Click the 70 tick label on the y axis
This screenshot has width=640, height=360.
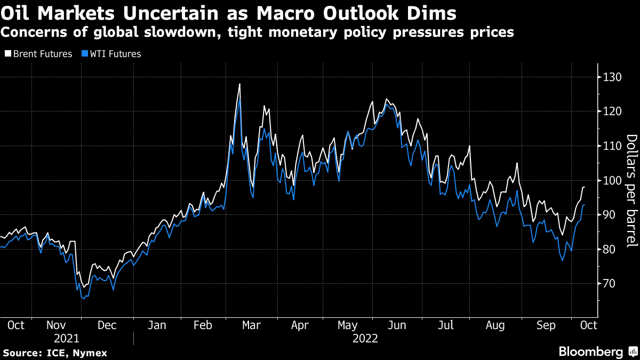(609, 284)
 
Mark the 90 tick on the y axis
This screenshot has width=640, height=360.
(609, 215)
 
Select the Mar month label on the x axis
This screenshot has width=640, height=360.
(251, 325)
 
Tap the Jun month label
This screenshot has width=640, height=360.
(397, 325)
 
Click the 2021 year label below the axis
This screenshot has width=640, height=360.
(66, 338)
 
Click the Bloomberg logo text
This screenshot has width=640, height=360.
(590, 351)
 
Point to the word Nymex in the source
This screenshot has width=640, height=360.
(90, 353)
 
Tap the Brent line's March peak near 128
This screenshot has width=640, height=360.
(239, 84)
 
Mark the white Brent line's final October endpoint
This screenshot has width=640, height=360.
(585, 187)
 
